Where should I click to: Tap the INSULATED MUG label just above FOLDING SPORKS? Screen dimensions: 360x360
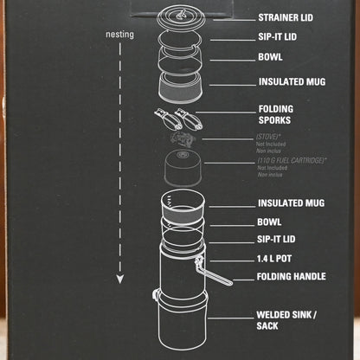click(x=292, y=82)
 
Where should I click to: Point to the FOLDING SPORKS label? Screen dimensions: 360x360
click(x=280, y=115)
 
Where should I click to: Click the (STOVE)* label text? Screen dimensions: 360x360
click(x=276, y=138)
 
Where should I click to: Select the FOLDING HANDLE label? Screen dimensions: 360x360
click(x=291, y=277)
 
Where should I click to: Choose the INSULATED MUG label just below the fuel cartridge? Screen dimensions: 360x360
click(x=292, y=203)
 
